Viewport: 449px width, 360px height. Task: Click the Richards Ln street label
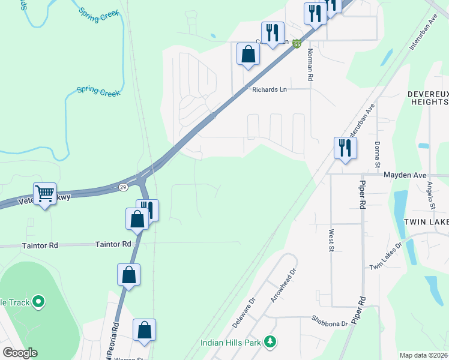(x=270, y=89)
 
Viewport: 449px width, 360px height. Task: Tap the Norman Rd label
(x=310, y=65)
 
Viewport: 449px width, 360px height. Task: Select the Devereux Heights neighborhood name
(x=427, y=98)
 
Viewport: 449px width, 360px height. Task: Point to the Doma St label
(x=378, y=155)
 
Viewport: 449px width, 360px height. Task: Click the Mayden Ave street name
(x=405, y=175)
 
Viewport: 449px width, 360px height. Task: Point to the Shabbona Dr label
(x=330, y=323)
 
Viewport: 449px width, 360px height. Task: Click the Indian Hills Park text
(x=232, y=343)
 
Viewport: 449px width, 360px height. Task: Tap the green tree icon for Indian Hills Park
(x=271, y=341)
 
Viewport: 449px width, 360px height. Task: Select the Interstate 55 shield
(x=297, y=43)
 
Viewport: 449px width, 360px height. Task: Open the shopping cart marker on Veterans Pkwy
(x=45, y=194)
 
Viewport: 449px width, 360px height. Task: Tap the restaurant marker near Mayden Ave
(x=345, y=148)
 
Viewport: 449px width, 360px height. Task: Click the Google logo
(x=20, y=353)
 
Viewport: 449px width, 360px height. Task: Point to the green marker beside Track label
(x=38, y=301)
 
